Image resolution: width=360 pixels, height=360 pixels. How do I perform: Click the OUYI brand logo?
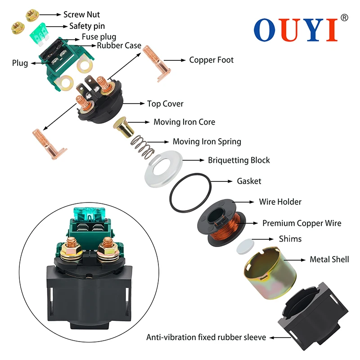pyautogui.click(x=295, y=29)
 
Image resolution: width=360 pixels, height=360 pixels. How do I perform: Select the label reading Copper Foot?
pyautogui.click(x=211, y=60)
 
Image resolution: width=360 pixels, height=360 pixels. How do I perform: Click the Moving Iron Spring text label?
pyautogui.click(x=207, y=142)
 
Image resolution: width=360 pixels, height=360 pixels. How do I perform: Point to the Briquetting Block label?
pyautogui.click(x=238, y=160)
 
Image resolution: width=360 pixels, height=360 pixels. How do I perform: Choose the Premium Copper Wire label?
pyautogui.click(x=301, y=223)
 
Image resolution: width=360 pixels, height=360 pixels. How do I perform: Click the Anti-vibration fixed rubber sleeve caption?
pyautogui.click(x=206, y=337)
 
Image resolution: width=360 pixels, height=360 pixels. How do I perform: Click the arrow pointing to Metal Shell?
pyautogui.click(x=294, y=260)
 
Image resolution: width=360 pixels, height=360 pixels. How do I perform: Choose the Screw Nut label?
pyautogui.click(x=81, y=15)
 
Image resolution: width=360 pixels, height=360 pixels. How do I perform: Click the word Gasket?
pyautogui.click(x=249, y=181)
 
